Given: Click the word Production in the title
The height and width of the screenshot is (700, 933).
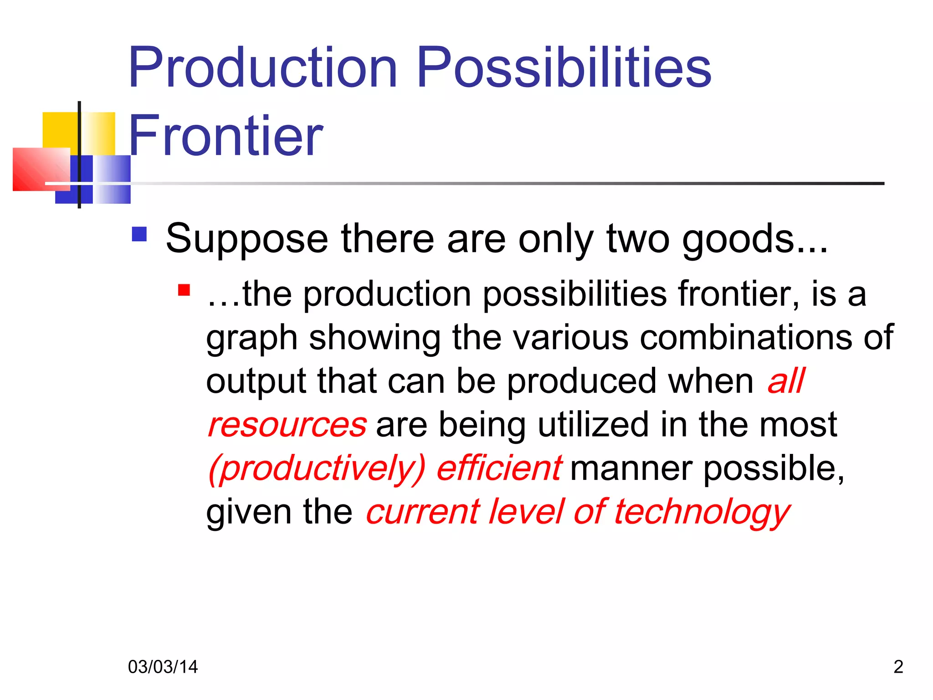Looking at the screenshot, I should click(263, 68).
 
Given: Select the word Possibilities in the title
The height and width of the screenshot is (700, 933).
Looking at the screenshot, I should click(564, 68).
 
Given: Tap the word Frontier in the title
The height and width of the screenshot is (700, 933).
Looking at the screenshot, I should click(226, 136).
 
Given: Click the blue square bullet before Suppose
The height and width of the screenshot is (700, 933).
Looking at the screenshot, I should click(139, 234).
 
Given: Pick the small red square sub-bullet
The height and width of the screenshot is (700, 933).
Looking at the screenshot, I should click(184, 290).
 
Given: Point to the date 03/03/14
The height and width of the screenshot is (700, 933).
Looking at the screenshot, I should click(163, 667).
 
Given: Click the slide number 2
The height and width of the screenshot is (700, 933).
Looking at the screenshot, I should click(898, 667).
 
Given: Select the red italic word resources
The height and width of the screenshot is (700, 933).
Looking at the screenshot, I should click(287, 425).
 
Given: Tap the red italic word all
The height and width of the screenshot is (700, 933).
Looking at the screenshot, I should click(786, 381).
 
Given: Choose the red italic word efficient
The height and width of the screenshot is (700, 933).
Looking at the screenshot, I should click(499, 468).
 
